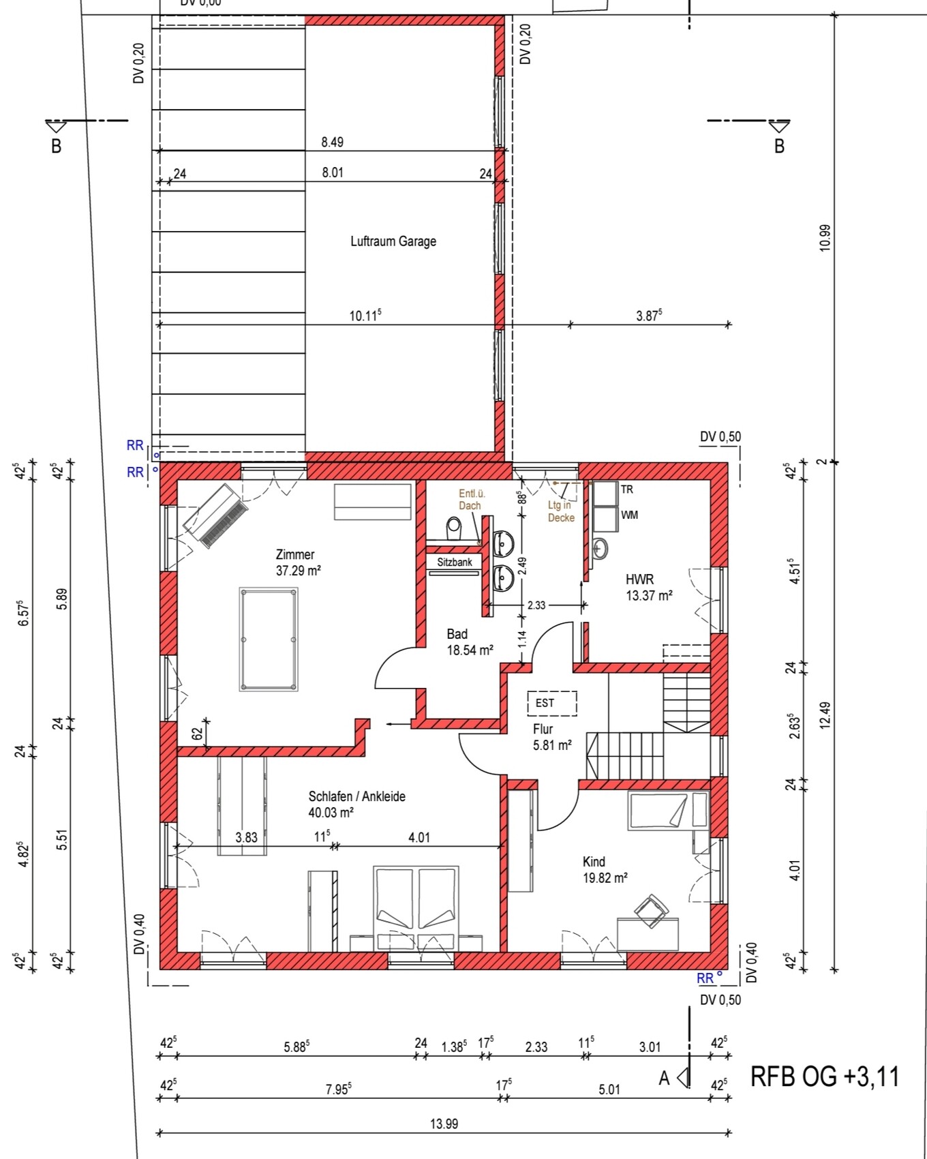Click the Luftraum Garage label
click(393, 241)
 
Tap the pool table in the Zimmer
click(269, 639)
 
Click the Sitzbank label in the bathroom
click(455, 562)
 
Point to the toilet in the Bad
click(454, 528)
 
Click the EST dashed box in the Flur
click(552, 703)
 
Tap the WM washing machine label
click(630, 515)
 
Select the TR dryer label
click(627, 490)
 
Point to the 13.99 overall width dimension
click(444, 1124)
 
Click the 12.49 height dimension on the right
click(825, 716)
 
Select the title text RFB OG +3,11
click(825, 1077)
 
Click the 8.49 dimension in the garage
click(333, 142)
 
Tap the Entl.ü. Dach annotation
click(470, 500)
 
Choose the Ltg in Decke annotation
click(561, 511)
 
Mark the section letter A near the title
click(664, 1078)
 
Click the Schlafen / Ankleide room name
click(357, 796)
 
